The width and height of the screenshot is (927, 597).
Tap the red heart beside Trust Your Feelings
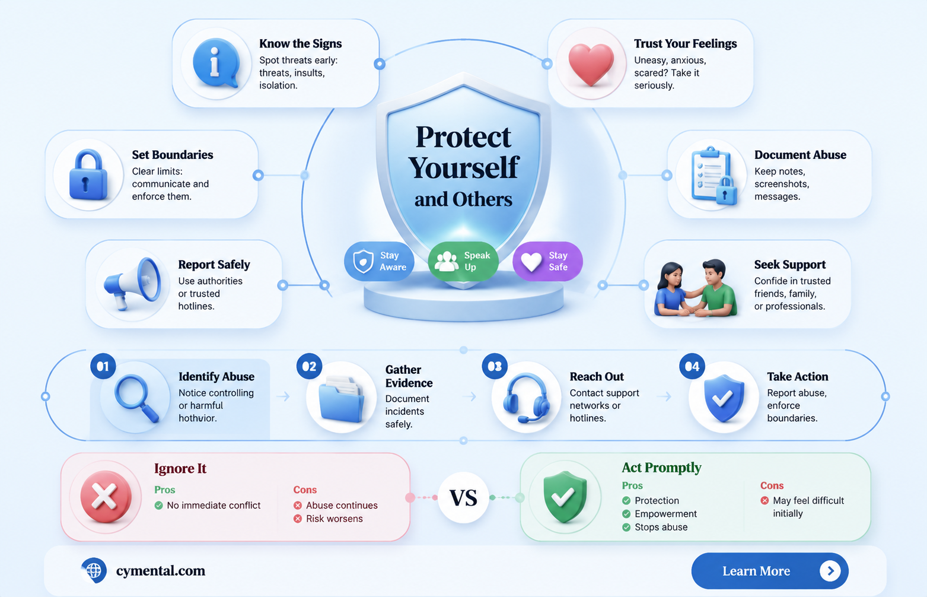(x=591, y=64)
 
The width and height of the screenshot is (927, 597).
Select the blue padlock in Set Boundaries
(x=88, y=174)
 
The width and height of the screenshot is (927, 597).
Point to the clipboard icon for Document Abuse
(x=713, y=176)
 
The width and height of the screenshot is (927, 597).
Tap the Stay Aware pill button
(x=379, y=261)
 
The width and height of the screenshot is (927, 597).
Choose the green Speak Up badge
(x=463, y=261)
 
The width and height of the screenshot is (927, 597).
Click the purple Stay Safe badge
(x=547, y=261)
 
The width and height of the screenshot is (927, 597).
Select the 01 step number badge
(x=103, y=366)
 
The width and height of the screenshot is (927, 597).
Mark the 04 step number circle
(x=692, y=366)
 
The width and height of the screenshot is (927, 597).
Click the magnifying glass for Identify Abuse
(x=136, y=398)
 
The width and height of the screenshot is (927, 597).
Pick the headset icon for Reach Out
(x=526, y=398)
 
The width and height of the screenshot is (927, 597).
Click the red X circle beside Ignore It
(x=106, y=496)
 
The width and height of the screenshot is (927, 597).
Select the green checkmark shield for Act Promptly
(x=565, y=496)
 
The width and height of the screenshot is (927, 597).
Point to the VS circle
(x=464, y=498)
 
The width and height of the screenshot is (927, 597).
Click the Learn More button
(x=770, y=571)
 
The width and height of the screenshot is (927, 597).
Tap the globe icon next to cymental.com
(x=94, y=570)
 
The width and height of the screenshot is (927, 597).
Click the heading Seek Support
(x=789, y=264)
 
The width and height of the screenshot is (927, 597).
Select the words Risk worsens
(x=335, y=519)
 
